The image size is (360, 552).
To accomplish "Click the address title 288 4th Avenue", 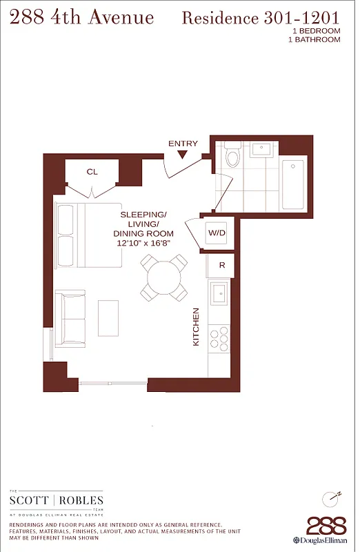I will (x=81, y=17).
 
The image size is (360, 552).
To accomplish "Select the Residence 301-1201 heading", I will (x=261, y=18).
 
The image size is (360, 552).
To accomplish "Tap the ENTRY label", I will (x=183, y=144).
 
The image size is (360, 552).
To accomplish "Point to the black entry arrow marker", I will (x=182, y=155).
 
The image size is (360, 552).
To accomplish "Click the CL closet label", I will (x=92, y=172).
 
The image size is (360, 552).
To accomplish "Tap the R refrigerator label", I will (x=221, y=265).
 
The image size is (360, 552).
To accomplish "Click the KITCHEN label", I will (x=196, y=327).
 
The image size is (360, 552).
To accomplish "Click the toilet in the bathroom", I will (x=232, y=157).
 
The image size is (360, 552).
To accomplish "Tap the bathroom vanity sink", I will (x=262, y=149).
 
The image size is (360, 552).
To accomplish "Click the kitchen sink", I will (x=220, y=293).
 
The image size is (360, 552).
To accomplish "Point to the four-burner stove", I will (x=220, y=337).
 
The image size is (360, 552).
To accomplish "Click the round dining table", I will (x=163, y=277).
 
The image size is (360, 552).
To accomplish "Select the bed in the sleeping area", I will (x=90, y=235).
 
